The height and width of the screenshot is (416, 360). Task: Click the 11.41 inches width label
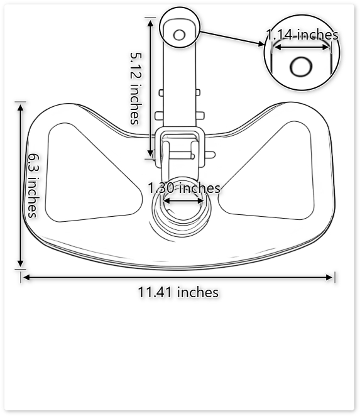pos(178,292)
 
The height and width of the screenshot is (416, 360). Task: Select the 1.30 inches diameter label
pos(184,188)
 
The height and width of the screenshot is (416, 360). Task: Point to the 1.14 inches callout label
pos(302,35)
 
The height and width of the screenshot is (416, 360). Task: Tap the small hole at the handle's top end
pos(179,34)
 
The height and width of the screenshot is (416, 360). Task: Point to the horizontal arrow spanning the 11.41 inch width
pos(178,277)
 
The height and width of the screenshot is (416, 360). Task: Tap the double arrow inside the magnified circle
pos(301,45)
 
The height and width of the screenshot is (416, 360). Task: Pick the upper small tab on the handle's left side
pos(161,93)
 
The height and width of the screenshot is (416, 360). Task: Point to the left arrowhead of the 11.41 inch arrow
pos(25,277)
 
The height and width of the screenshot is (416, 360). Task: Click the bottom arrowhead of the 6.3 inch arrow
pos(21,265)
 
